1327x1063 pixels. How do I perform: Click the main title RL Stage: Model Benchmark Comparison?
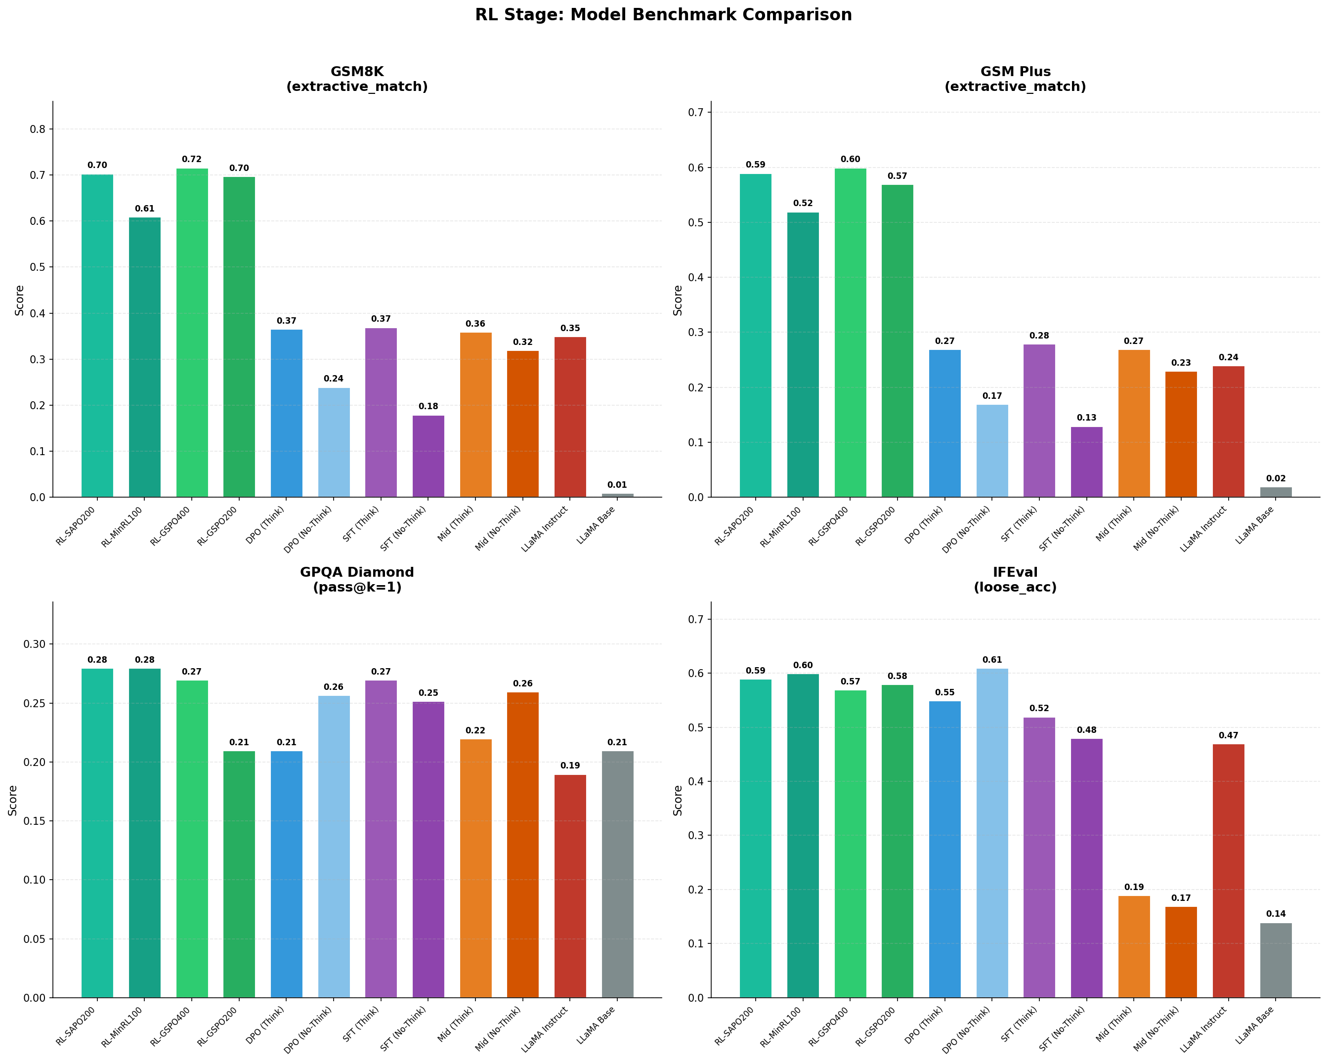coord(663,15)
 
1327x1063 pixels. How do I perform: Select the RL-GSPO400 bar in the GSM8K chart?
coord(192,333)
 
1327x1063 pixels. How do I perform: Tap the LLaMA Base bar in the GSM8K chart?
coord(617,495)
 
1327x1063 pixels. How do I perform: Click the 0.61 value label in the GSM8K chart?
coord(145,209)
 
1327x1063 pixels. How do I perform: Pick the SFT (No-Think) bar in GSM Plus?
coord(1086,462)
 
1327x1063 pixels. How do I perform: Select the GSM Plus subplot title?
coord(1015,79)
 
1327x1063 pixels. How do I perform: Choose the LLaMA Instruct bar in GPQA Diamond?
coord(570,887)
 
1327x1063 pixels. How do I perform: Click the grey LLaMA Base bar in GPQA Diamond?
coord(617,874)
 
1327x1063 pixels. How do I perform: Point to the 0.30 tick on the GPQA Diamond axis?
coord(35,644)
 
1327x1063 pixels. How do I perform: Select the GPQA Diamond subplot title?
coord(357,579)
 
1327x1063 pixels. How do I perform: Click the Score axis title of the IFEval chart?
coord(678,800)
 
